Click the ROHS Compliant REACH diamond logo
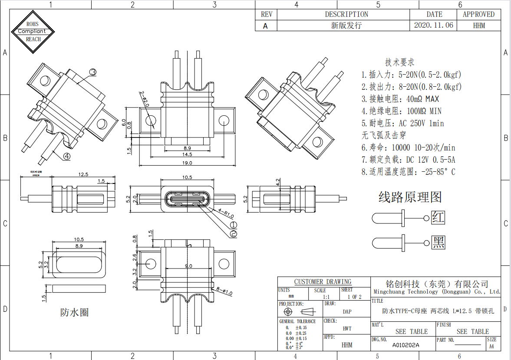coord(33,31)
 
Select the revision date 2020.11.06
coord(434,25)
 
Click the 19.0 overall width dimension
coord(187,163)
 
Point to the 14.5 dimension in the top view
coord(187,155)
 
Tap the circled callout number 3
coord(93,72)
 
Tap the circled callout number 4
coord(66,156)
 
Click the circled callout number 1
coord(233,225)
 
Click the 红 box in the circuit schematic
coord(438,217)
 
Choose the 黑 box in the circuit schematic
coord(438,242)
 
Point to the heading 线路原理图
coord(410,197)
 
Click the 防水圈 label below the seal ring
coord(74,312)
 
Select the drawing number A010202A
coord(406,345)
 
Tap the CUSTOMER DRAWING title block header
coord(323,281)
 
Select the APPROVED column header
coord(478,14)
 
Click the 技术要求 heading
coord(399,62)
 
